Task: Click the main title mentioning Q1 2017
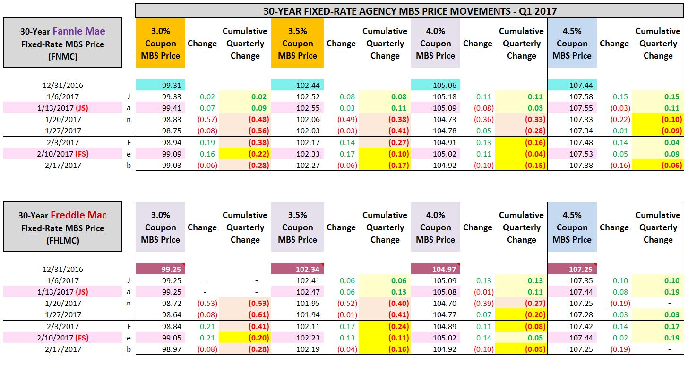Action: (409, 10)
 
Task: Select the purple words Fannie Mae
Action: (79, 31)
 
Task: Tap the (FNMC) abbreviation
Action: (62, 56)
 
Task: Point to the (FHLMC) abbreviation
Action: (62, 240)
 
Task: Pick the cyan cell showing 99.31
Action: (161, 85)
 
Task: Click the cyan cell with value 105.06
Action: (436, 85)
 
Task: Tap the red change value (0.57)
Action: (207, 119)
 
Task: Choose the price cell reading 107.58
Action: (581, 96)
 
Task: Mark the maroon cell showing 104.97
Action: (436, 269)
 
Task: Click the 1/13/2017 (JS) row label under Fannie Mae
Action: (62, 108)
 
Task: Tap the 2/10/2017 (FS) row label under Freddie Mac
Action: (62, 338)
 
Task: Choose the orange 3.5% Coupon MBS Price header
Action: (297, 44)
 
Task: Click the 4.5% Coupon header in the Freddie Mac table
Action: (572, 227)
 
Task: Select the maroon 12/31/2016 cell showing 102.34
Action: (297, 269)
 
